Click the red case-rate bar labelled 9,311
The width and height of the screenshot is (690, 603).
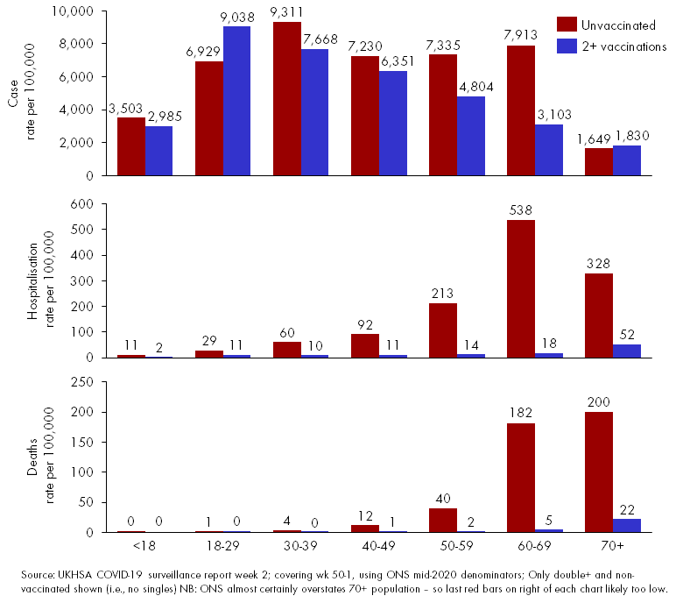click(286, 99)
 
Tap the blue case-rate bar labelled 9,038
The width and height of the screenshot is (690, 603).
click(236, 101)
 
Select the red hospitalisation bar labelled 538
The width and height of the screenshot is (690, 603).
click(520, 288)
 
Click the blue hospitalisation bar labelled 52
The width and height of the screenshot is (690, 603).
click(626, 351)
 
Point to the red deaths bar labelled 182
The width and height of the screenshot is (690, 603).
click(520, 477)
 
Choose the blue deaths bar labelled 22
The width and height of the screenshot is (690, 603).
click(626, 525)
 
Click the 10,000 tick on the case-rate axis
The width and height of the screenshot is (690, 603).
click(74, 11)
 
